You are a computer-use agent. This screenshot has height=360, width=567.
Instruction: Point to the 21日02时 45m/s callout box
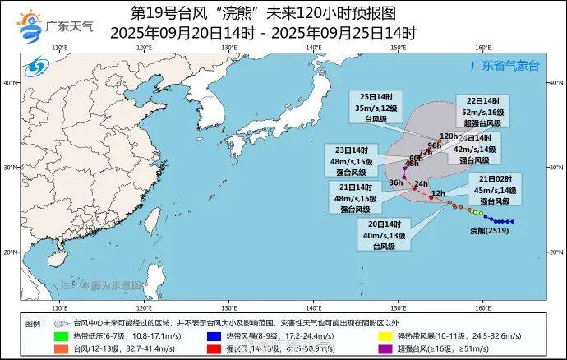(x=496, y=190)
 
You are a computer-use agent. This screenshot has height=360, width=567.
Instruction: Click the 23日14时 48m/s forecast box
(x=351, y=161)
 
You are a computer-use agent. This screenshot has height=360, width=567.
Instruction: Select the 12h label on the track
(x=438, y=193)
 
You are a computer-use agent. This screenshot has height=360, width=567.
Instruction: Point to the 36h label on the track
(x=396, y=182)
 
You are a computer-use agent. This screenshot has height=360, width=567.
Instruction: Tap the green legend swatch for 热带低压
(x=61, y=335)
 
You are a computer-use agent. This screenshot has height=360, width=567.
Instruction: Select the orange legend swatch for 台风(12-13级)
(x=61, y=348)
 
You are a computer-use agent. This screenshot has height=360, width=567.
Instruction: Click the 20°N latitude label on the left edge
(x=11, y=252)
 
